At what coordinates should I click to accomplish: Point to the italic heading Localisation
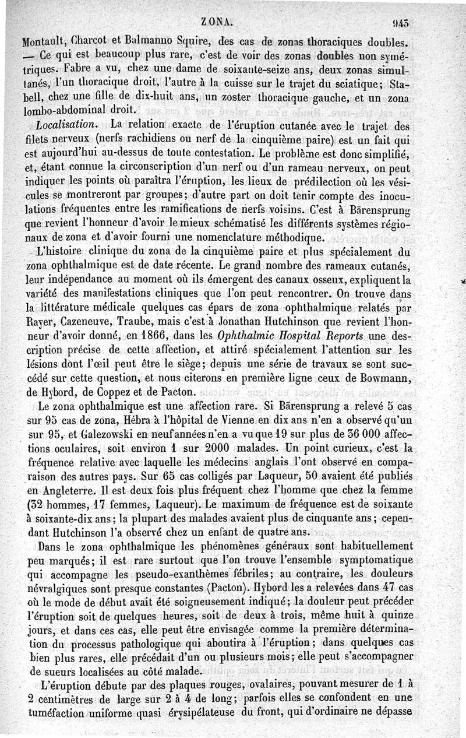(x=66, y=125)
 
